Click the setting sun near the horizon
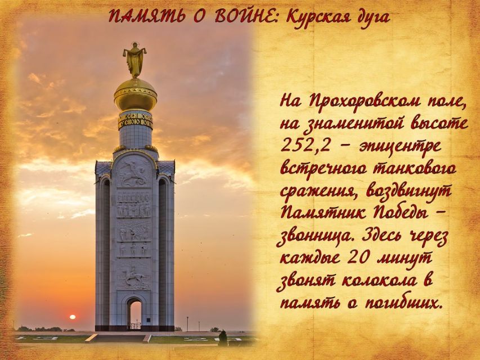73,317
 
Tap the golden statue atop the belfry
134,60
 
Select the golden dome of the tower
135,94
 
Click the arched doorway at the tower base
134,313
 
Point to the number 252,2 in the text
306,146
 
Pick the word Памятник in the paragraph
323,213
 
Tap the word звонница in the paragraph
317,237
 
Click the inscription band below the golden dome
135,120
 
